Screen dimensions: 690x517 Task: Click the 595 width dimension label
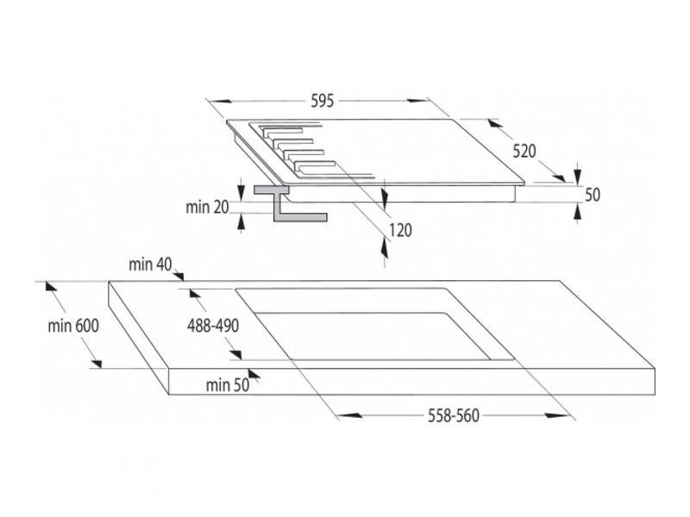click(323, 101)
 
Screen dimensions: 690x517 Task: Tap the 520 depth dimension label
click(524, 152)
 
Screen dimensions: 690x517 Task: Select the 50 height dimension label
click(593, 195)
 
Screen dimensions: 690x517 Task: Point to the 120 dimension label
click(400, 230)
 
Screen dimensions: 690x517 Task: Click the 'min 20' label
click(207, 207)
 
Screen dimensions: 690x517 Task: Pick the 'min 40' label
click(150, 265)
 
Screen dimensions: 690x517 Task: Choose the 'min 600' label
click(73, 326)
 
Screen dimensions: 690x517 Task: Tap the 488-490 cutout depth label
click(213, 326)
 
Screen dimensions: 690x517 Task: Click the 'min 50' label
click(228, 385)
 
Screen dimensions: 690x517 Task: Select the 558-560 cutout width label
click(454, 415)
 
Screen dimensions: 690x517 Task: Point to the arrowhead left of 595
click(222, 101)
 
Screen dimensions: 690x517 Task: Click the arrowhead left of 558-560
click(350, 415)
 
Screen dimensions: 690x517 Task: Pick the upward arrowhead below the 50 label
click(577, 213)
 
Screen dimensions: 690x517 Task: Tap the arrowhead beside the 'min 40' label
click(179, 276)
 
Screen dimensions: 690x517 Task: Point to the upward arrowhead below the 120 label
click(385, 250)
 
